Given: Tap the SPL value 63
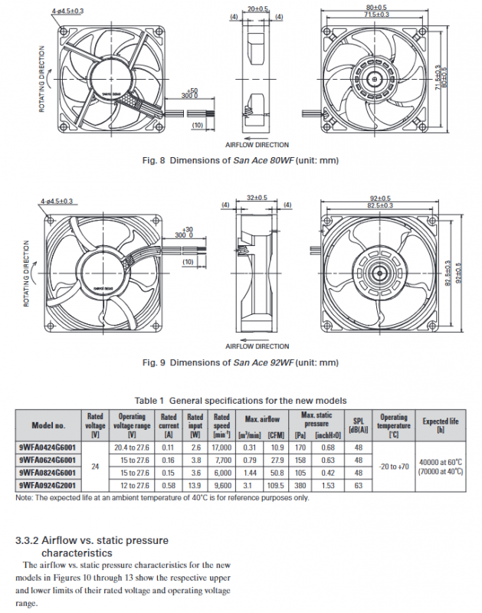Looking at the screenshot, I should (357, 484).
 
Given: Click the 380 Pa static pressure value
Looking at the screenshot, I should (300, 484).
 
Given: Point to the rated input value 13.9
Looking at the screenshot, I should (195, 484).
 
